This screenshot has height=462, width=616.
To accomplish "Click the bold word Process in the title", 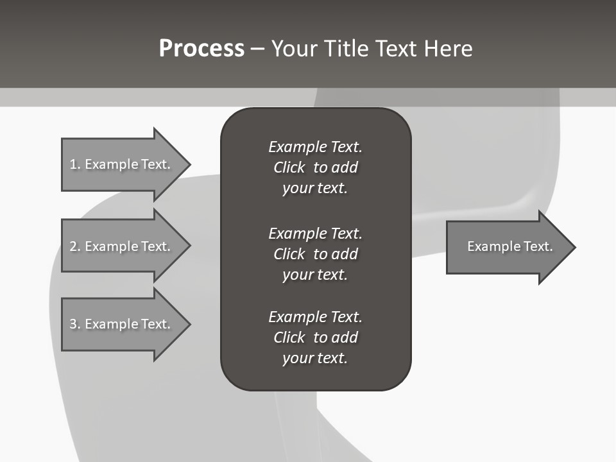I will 201,49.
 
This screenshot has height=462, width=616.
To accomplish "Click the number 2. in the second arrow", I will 75,246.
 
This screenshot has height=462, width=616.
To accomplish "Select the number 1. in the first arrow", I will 75,164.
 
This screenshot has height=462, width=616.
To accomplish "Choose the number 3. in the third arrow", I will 75,324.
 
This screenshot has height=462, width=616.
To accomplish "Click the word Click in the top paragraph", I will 289,167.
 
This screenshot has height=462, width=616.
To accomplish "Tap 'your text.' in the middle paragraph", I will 315,275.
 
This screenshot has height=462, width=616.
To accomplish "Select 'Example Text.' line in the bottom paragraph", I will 315,317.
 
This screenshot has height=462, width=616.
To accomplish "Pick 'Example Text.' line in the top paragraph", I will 315,147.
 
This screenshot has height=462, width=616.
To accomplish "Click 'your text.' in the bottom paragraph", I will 315,358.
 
